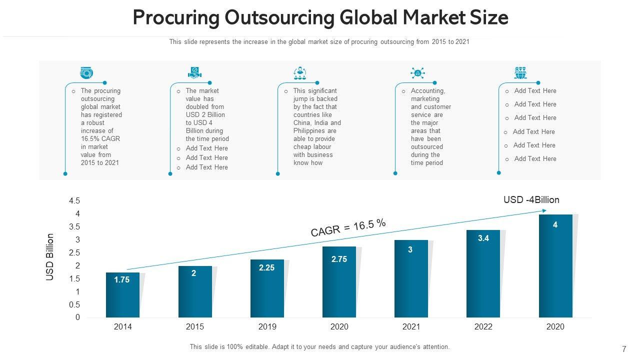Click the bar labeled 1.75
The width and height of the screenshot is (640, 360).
click(122, 295)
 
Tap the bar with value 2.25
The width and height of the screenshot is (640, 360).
click(267, 288)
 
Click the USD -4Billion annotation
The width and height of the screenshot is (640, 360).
click(531, 200)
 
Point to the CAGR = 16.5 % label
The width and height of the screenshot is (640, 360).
click(348, 228)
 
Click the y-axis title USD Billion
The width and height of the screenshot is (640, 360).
click(50, 257)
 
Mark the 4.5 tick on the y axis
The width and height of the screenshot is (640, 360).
click(74, 201)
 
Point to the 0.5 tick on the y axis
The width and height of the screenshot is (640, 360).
click(74, 304)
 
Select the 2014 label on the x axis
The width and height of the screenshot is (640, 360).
click(123, 327)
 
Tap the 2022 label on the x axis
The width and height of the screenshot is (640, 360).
click(483, 327)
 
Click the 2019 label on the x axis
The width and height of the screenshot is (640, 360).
click(267, 327)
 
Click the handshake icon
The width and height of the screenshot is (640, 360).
click(194, 73)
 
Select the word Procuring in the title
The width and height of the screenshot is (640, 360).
click(175, 18)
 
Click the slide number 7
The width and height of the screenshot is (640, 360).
click(624, 349)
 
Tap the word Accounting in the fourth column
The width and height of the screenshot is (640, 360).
click(427, 91)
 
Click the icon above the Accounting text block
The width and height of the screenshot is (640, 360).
click(417, 73)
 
